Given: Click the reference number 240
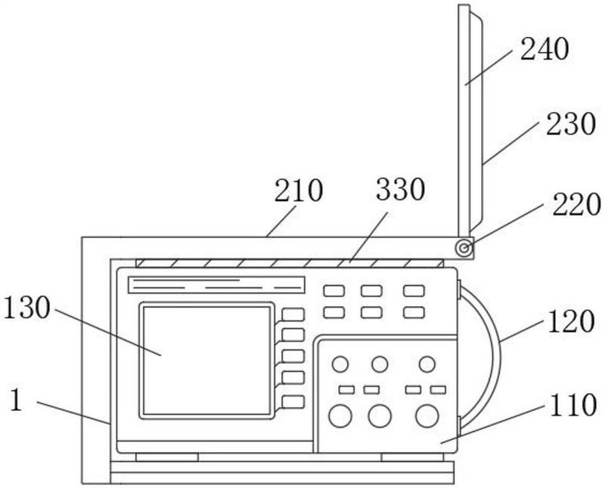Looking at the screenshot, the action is pos(544,49).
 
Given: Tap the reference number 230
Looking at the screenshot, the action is pos(571,123).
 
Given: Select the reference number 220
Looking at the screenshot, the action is pos(576,204).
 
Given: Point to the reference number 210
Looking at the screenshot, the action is pos(298,190).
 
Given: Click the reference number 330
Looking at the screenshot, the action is pos(400,189).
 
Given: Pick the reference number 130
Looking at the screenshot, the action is pos(26,308).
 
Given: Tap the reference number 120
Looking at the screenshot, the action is pos(571,321).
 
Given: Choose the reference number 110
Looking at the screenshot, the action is pos(573,404).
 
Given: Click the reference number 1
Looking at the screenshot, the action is pos(16,400).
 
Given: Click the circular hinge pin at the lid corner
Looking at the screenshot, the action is pos(464,248).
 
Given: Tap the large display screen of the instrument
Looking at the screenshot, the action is pos(206,361).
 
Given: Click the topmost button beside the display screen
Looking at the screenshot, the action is pos(293,314).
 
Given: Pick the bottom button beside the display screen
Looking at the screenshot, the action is pos(293,402).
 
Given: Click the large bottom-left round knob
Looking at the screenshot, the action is pos(340,416).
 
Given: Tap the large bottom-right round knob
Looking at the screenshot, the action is pos(427,416).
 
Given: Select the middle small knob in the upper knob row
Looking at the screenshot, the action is pos(380,364).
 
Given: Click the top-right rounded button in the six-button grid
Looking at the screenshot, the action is pos(414,291).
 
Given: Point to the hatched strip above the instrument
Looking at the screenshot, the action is pos(290,264).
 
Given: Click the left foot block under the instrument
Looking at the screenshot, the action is pos(167,457).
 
